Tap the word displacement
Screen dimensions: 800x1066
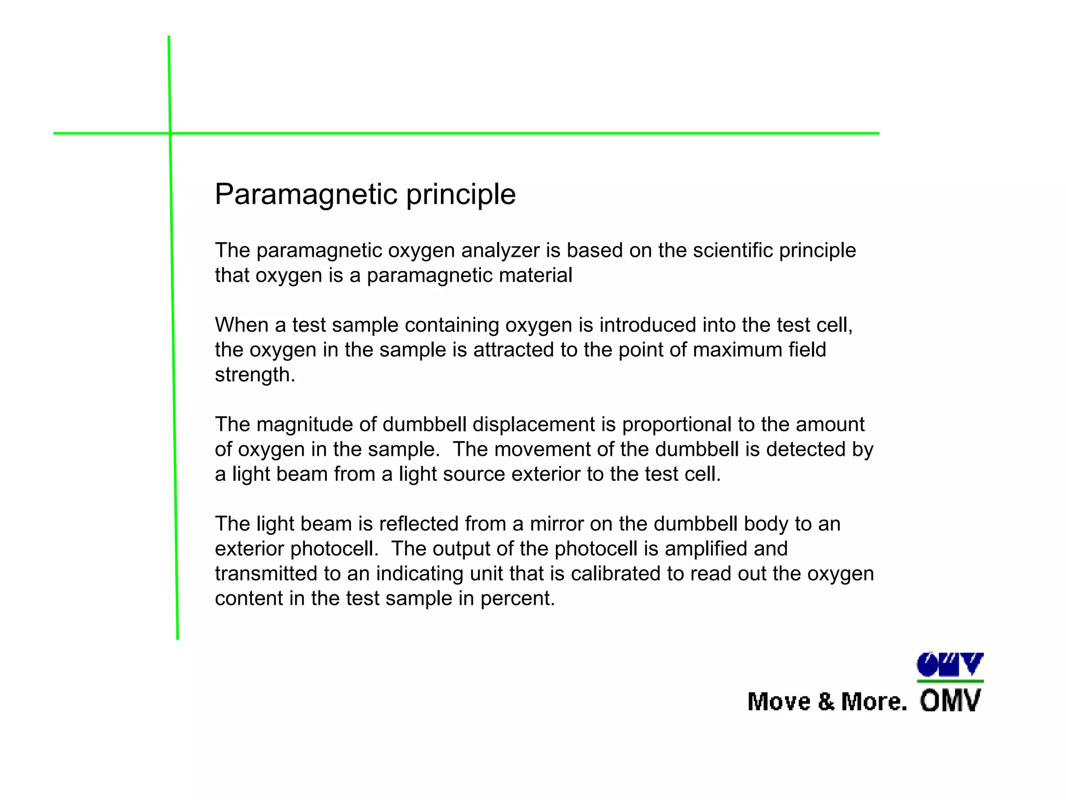coord(534,424)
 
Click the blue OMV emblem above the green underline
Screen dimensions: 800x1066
coord(950,665)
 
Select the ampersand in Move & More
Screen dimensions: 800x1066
coord(826,702)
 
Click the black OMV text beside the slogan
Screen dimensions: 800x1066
coord(950,701)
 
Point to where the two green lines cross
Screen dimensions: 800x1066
coord(170,133)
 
